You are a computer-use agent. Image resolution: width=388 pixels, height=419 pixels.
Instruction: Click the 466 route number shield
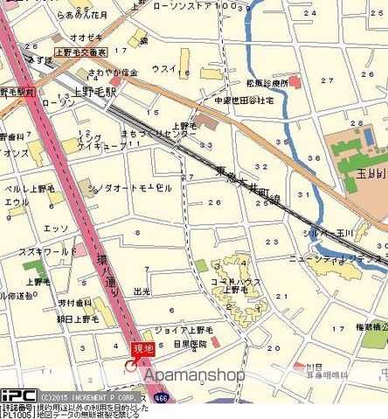(163, 396)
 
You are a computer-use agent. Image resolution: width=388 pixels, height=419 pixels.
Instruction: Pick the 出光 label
(142, 292)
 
